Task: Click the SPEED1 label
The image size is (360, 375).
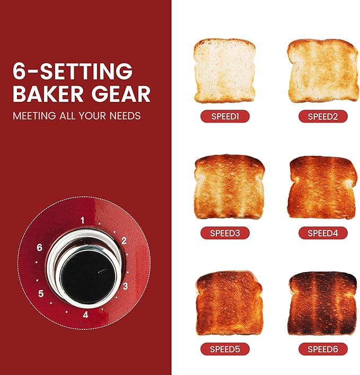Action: pos(225,116)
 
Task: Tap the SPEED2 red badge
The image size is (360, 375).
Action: pos(322,116)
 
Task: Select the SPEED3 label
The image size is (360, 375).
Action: pos(225,232)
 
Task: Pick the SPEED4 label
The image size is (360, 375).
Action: pos(322,232)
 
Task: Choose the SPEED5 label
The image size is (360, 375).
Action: pos(225,349)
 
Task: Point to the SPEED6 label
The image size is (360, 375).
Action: pos(322,349)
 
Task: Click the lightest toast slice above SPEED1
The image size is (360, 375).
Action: pos(224,71)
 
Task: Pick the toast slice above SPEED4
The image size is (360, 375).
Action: pos(322,187)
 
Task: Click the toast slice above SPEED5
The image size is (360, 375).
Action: pos(229,303)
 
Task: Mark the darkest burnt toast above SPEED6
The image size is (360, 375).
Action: pos(322,303)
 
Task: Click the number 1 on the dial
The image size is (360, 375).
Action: pos(82,219)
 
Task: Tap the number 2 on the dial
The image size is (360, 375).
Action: pos(124,241)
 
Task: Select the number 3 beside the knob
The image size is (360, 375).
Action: pos(125,287)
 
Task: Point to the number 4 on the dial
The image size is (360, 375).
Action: pos(85,315)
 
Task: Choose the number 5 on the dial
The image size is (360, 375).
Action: pos(41,293)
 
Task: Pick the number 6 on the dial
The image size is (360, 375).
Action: pos(39,248)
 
